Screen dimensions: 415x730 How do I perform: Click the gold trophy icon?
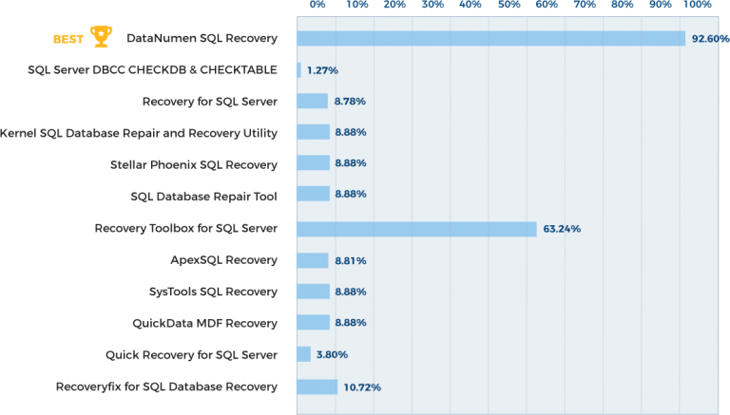coord(100,38)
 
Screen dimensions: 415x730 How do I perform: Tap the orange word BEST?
coord(68,39)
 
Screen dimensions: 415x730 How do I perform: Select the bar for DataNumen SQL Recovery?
coord(490,39)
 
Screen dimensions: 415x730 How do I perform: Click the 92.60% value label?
coord(710,39)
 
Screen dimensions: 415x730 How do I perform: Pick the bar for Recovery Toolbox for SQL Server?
coord(416,229)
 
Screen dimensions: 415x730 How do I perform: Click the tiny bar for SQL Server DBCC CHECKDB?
coord(298,70)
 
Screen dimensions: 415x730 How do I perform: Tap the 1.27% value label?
coord(322,70)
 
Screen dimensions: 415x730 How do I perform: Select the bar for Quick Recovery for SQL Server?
coord(303,354)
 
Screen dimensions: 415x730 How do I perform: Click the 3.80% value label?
coord(332,354)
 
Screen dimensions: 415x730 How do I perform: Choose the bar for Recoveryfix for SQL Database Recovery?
coord(317,387)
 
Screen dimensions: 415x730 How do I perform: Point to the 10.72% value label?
coord(362,387)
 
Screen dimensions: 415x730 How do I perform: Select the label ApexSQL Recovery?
coord(223,259)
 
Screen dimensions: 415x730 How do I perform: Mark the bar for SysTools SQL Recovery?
coord(313,292)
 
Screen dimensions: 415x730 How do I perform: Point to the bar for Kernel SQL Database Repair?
coord(313,132)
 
